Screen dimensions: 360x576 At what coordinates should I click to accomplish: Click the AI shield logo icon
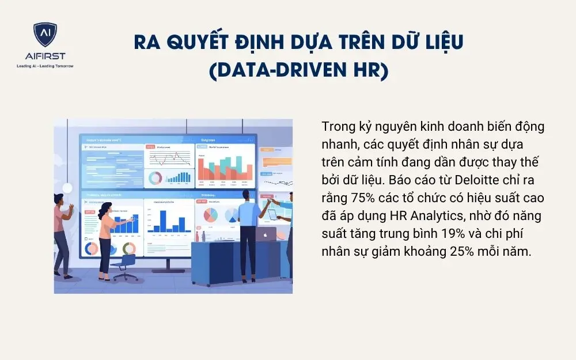click(x=45, y=35)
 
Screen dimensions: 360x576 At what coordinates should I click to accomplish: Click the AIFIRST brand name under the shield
click(x=45, y=55)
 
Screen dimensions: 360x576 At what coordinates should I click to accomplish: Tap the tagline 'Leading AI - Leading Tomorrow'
click(x=45, y=66)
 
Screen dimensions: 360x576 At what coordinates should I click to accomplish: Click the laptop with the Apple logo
click(x=266, y=234)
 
